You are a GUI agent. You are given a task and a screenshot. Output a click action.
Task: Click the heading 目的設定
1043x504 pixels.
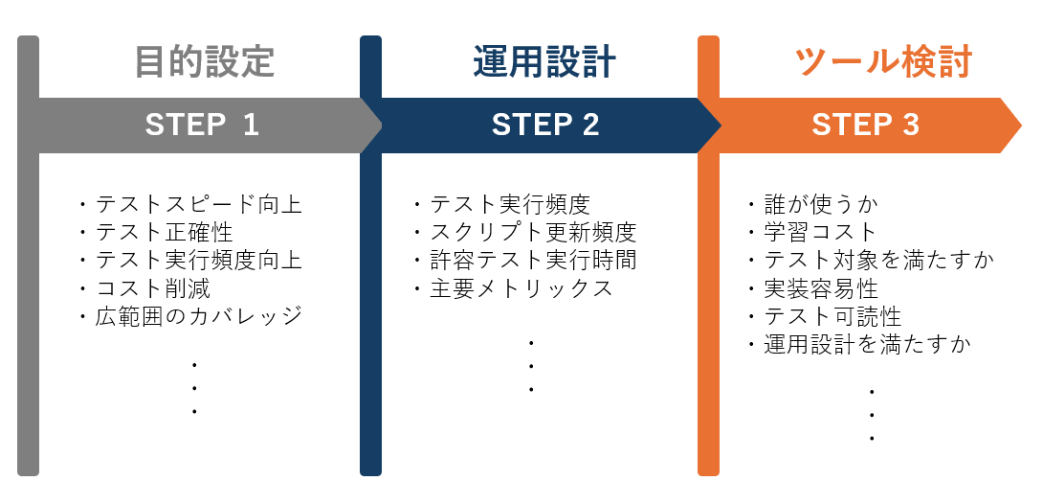point(204,61)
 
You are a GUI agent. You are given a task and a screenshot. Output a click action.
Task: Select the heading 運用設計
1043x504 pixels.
point(544,61)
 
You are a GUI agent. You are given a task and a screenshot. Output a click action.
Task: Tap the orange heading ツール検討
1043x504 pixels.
point(883,61)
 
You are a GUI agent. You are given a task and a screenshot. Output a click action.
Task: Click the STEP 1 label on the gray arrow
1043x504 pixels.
point(202,125)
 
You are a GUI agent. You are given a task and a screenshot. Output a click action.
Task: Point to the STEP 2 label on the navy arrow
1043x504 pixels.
point(545,125)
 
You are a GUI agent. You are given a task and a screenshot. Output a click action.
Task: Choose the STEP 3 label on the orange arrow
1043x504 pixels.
point(865,125)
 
